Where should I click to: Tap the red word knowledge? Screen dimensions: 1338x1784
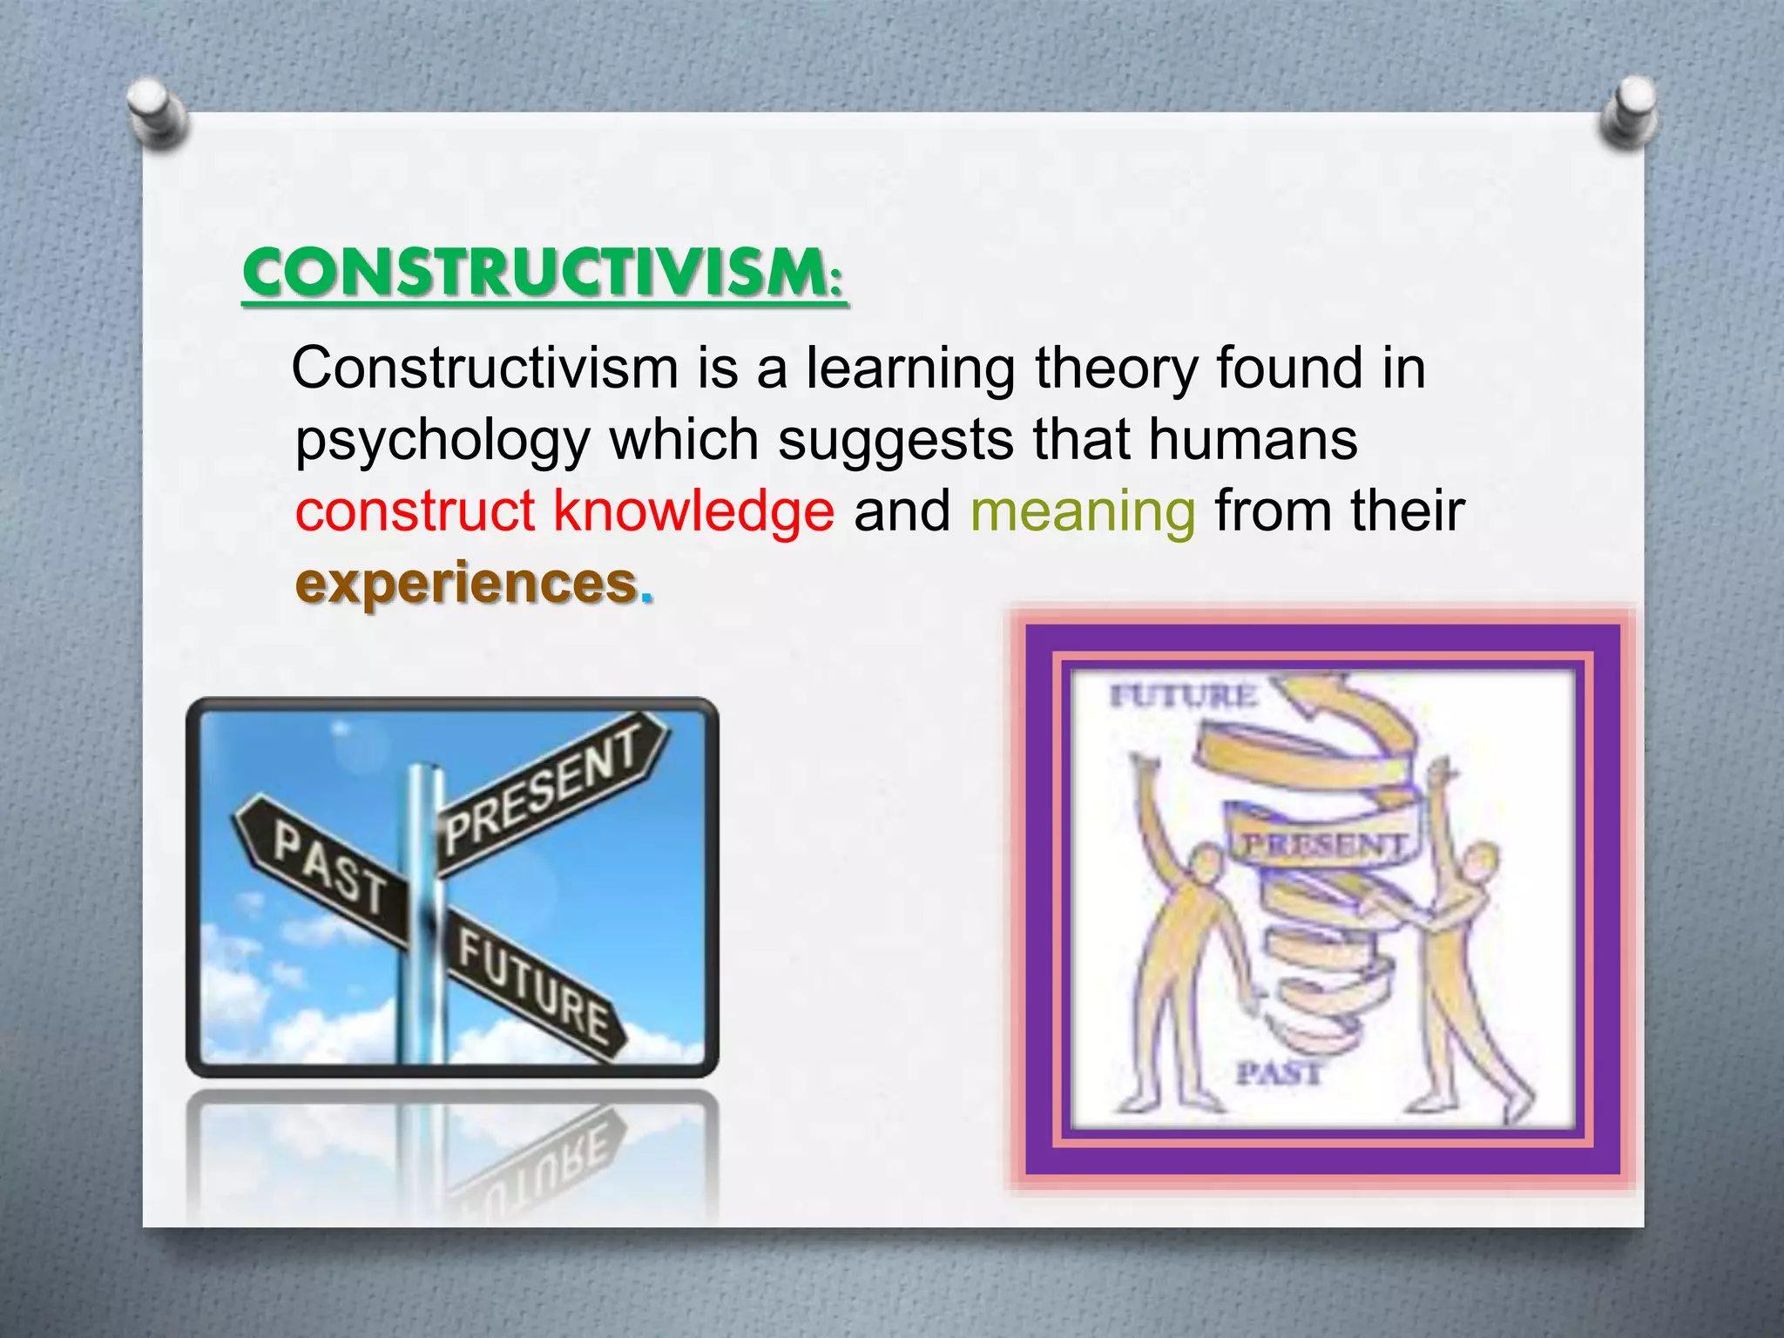coord(693,510)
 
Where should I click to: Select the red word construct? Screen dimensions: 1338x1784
coord(415,510)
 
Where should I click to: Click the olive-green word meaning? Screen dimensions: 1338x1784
coord(1083,511)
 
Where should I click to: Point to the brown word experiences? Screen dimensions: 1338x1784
coord(467,583)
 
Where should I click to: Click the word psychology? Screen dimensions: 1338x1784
coord(443,441)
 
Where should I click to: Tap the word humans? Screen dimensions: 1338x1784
coord(1253,439)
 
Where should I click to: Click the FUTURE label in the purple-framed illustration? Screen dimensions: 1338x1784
coord(1183,696)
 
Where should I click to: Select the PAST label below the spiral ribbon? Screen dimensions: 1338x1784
coord(1279,1072)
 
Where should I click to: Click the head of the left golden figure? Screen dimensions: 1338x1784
coord(1206,866)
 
